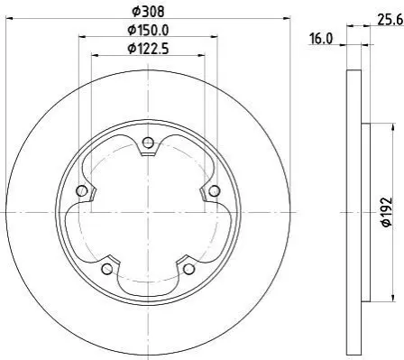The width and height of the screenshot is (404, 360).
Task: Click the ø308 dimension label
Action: [x=148, y=12]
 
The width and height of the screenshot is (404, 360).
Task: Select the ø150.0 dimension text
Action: [x=148, y=30]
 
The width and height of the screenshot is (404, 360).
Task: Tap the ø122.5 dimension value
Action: [x=148, y=49]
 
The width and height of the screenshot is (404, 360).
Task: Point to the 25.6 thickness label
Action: [x=390, y=20]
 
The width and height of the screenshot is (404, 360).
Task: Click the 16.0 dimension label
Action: [x=321, y=39]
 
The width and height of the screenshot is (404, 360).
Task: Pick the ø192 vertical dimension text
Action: [x=387, y=212]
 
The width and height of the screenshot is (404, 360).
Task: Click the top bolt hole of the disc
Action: [x=148, y=143]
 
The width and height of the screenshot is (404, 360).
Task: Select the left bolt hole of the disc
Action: [x=81, y=190]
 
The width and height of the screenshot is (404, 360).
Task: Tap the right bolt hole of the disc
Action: [x=214, y=190]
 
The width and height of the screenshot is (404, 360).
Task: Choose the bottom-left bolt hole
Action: [x=107, y=269]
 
